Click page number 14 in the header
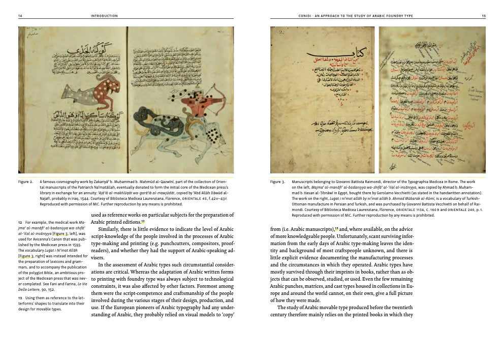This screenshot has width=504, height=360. pos(20,16)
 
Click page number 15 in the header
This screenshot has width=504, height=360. pos(484,16)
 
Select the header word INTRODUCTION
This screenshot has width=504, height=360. pos(104,16)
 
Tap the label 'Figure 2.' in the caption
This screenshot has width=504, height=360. pos(25,181)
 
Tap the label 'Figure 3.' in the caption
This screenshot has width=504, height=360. pos(277,181)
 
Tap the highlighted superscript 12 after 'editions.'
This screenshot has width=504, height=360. pos(143,221)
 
